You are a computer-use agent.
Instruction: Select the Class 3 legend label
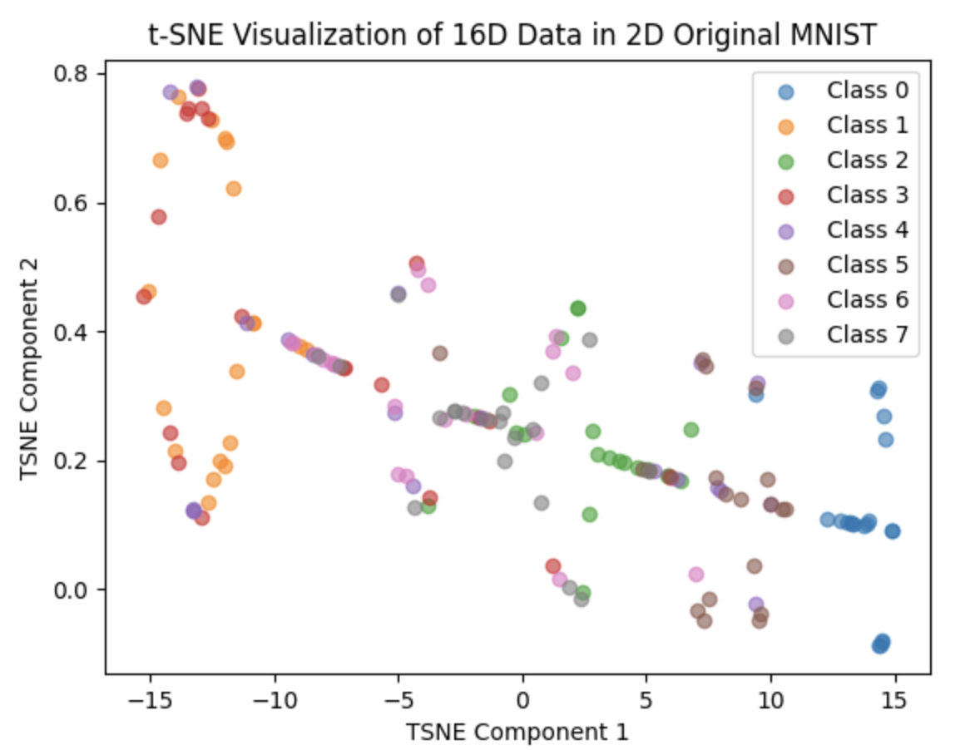point(867,195)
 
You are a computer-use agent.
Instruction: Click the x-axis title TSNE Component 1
point(517,732)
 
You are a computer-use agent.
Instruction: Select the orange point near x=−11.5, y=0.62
point(234,189)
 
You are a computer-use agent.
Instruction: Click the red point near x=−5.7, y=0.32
point(382,385)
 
